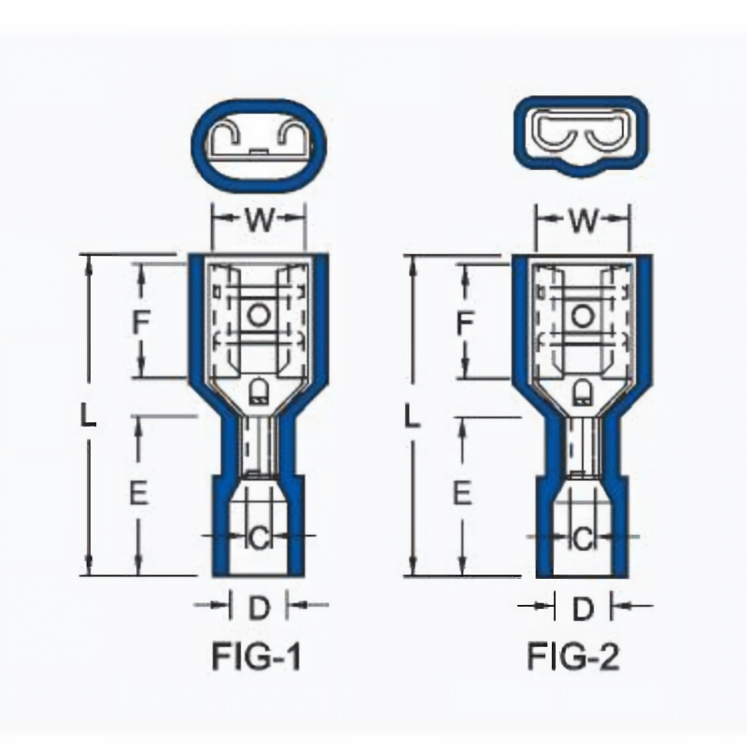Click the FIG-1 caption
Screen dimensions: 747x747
(x=256, y=656)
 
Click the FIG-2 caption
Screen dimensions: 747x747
(x=573, y=656)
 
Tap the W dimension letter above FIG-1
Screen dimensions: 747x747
(x=260, y=220)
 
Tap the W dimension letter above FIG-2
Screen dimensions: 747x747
(x=583, y=220)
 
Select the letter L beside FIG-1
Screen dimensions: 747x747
(x=88, y=415)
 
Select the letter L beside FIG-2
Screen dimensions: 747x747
(x=412, y=415)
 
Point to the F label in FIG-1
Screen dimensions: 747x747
(x=141, y=322)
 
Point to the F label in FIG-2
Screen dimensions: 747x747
(x=464, y=322)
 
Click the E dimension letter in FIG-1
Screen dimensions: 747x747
(x=138, y=492)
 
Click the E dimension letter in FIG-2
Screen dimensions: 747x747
(x=462, y=492)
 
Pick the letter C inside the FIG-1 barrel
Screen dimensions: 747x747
(x=259, y=539)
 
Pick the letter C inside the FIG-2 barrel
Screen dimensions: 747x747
(x=582, y=539)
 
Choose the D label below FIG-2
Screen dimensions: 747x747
(x=583, y=609)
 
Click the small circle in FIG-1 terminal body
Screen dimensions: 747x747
(x=259, y=315)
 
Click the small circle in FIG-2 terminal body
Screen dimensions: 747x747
(x=581, y=316)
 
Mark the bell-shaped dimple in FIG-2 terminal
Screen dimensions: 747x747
(x=582, y=392)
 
